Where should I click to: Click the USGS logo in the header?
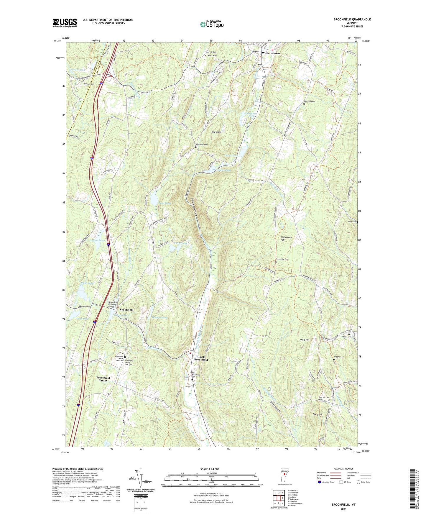tap(65, 22)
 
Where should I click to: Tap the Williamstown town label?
tap(271, 53)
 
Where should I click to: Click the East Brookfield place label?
tap(201, 358)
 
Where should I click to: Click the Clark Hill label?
tap(216, 132)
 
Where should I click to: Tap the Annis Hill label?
tap(304, 340)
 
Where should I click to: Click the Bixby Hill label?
tap(318, 414)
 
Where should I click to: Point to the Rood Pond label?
tap(165, 203)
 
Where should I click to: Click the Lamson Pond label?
tap(97, 240)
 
